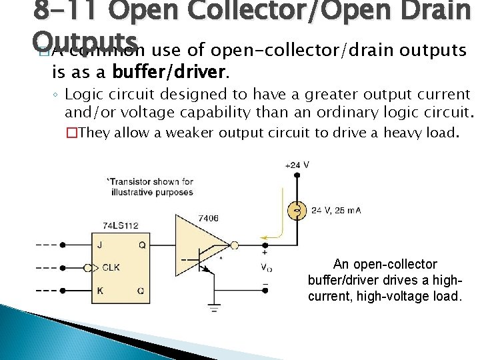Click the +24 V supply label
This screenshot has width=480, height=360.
[297, 165]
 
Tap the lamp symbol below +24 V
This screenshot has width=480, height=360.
[298, 211]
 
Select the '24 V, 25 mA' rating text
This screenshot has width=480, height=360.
[337, 211]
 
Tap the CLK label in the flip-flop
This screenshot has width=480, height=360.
[111, 267]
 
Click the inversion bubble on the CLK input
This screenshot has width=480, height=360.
[93, 267]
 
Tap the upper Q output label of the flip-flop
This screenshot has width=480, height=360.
[142, 244]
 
